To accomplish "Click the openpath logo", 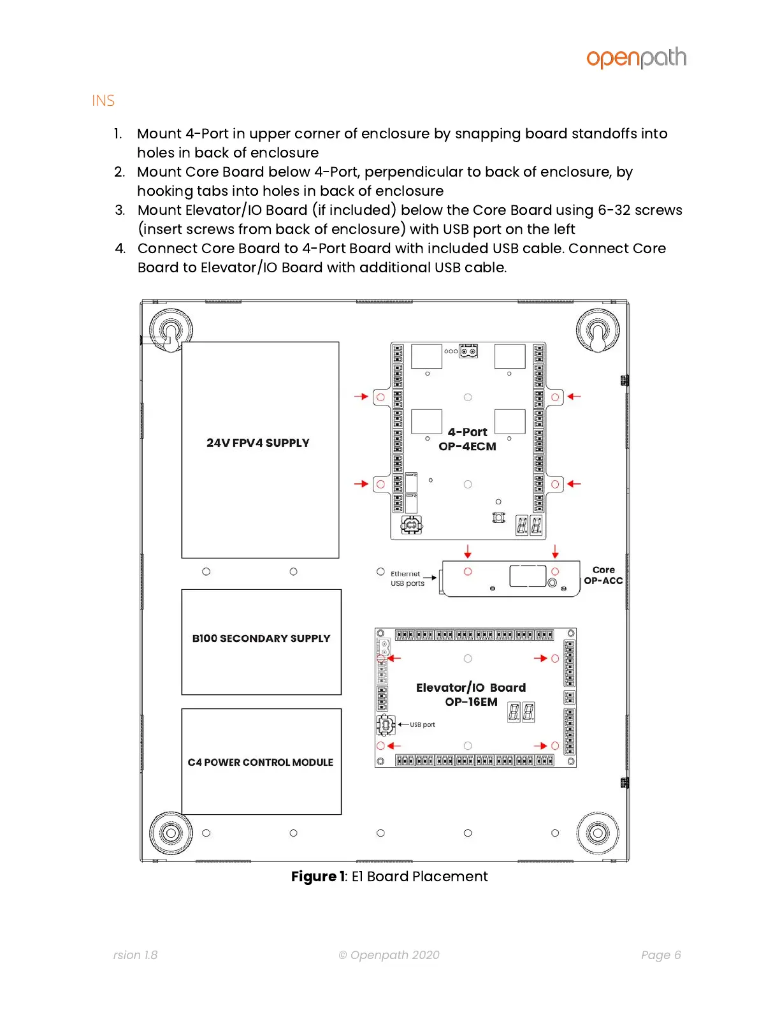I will click(636, 58).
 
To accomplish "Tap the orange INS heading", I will click(103, 101).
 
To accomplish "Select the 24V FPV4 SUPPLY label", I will click(258, 443).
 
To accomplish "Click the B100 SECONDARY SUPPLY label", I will click(261, 638).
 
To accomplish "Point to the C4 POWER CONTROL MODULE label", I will click(261, 763).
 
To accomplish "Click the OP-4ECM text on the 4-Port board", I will click(467, 447).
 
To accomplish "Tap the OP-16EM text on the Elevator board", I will click(471, 702).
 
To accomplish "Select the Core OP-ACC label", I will click(603, 575).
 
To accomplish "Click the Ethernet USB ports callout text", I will click(407, 578).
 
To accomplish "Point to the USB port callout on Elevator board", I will click(422, 725).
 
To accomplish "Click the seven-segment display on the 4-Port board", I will click(529, 525).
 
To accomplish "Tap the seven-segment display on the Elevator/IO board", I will click(521, 712).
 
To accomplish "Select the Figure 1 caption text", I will click(389, 877).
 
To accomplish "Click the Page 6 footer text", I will click(661, 955).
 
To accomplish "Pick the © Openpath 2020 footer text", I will click(389, 955).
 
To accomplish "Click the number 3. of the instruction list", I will click(120, 210).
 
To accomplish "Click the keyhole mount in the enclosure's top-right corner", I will click(597, 332).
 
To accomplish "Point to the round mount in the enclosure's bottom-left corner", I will click(171, 833).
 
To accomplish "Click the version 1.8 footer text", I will click(135, 955).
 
